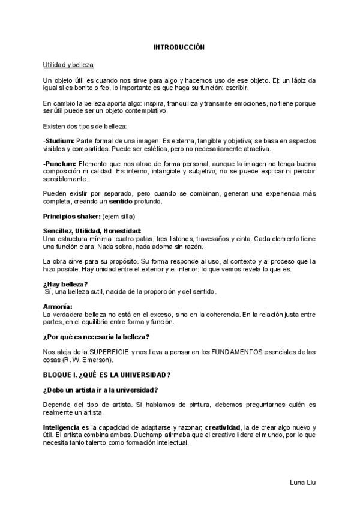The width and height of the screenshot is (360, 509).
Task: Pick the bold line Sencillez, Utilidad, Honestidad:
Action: [92, 231]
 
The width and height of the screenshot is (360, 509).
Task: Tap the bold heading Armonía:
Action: [58, 307]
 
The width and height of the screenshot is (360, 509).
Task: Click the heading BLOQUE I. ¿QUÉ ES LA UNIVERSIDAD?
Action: [107, 375]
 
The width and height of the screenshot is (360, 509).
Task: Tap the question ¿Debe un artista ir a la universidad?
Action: [101, 390]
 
